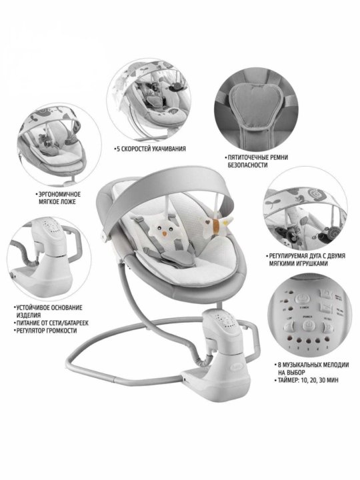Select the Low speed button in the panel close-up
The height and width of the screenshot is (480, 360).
click(x=289, y=327)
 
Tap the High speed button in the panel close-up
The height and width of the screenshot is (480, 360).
click(x=328, y=328)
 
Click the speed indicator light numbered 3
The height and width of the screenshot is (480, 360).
click(x=309, y=341)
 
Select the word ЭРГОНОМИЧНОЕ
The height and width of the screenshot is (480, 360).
click(x=59, y=194)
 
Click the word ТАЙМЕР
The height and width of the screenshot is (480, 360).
click(x=289, y=380)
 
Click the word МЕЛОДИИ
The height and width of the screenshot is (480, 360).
click(x=335, y=365)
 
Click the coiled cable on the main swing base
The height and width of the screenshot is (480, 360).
click(x=203, y=359)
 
